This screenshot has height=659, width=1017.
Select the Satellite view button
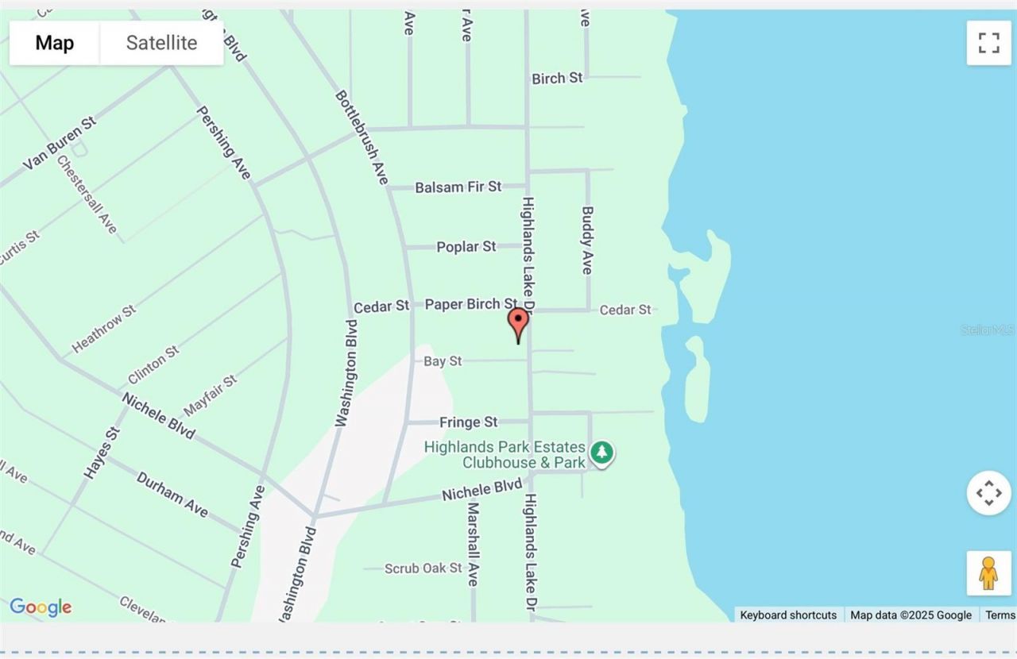[161, 43]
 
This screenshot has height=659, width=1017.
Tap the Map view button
[54, 43]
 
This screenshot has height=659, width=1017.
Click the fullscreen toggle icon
[988, 43]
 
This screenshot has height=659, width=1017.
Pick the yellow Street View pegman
[988, 572]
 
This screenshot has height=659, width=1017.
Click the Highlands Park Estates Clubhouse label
[505, 454]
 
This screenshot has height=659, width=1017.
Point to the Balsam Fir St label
[458, 187]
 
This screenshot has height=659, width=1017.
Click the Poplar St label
[466, 247]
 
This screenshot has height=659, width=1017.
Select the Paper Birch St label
[471, 304]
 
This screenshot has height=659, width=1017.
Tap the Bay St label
[443, 361]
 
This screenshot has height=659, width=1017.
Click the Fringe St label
[469, 422]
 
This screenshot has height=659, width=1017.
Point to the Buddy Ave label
[587, 241]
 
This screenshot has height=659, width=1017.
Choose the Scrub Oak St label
[423, 568]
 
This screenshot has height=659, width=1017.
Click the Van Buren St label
[60, 144]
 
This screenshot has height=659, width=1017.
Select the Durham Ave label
[172, 494]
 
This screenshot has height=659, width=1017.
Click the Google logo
[41, 607]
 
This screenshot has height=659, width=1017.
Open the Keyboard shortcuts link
[788, 615]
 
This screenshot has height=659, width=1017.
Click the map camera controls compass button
[988, 493]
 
